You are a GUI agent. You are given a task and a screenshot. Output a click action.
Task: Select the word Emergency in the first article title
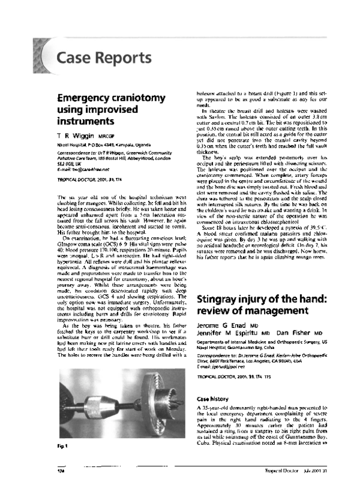pos(88,98)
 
